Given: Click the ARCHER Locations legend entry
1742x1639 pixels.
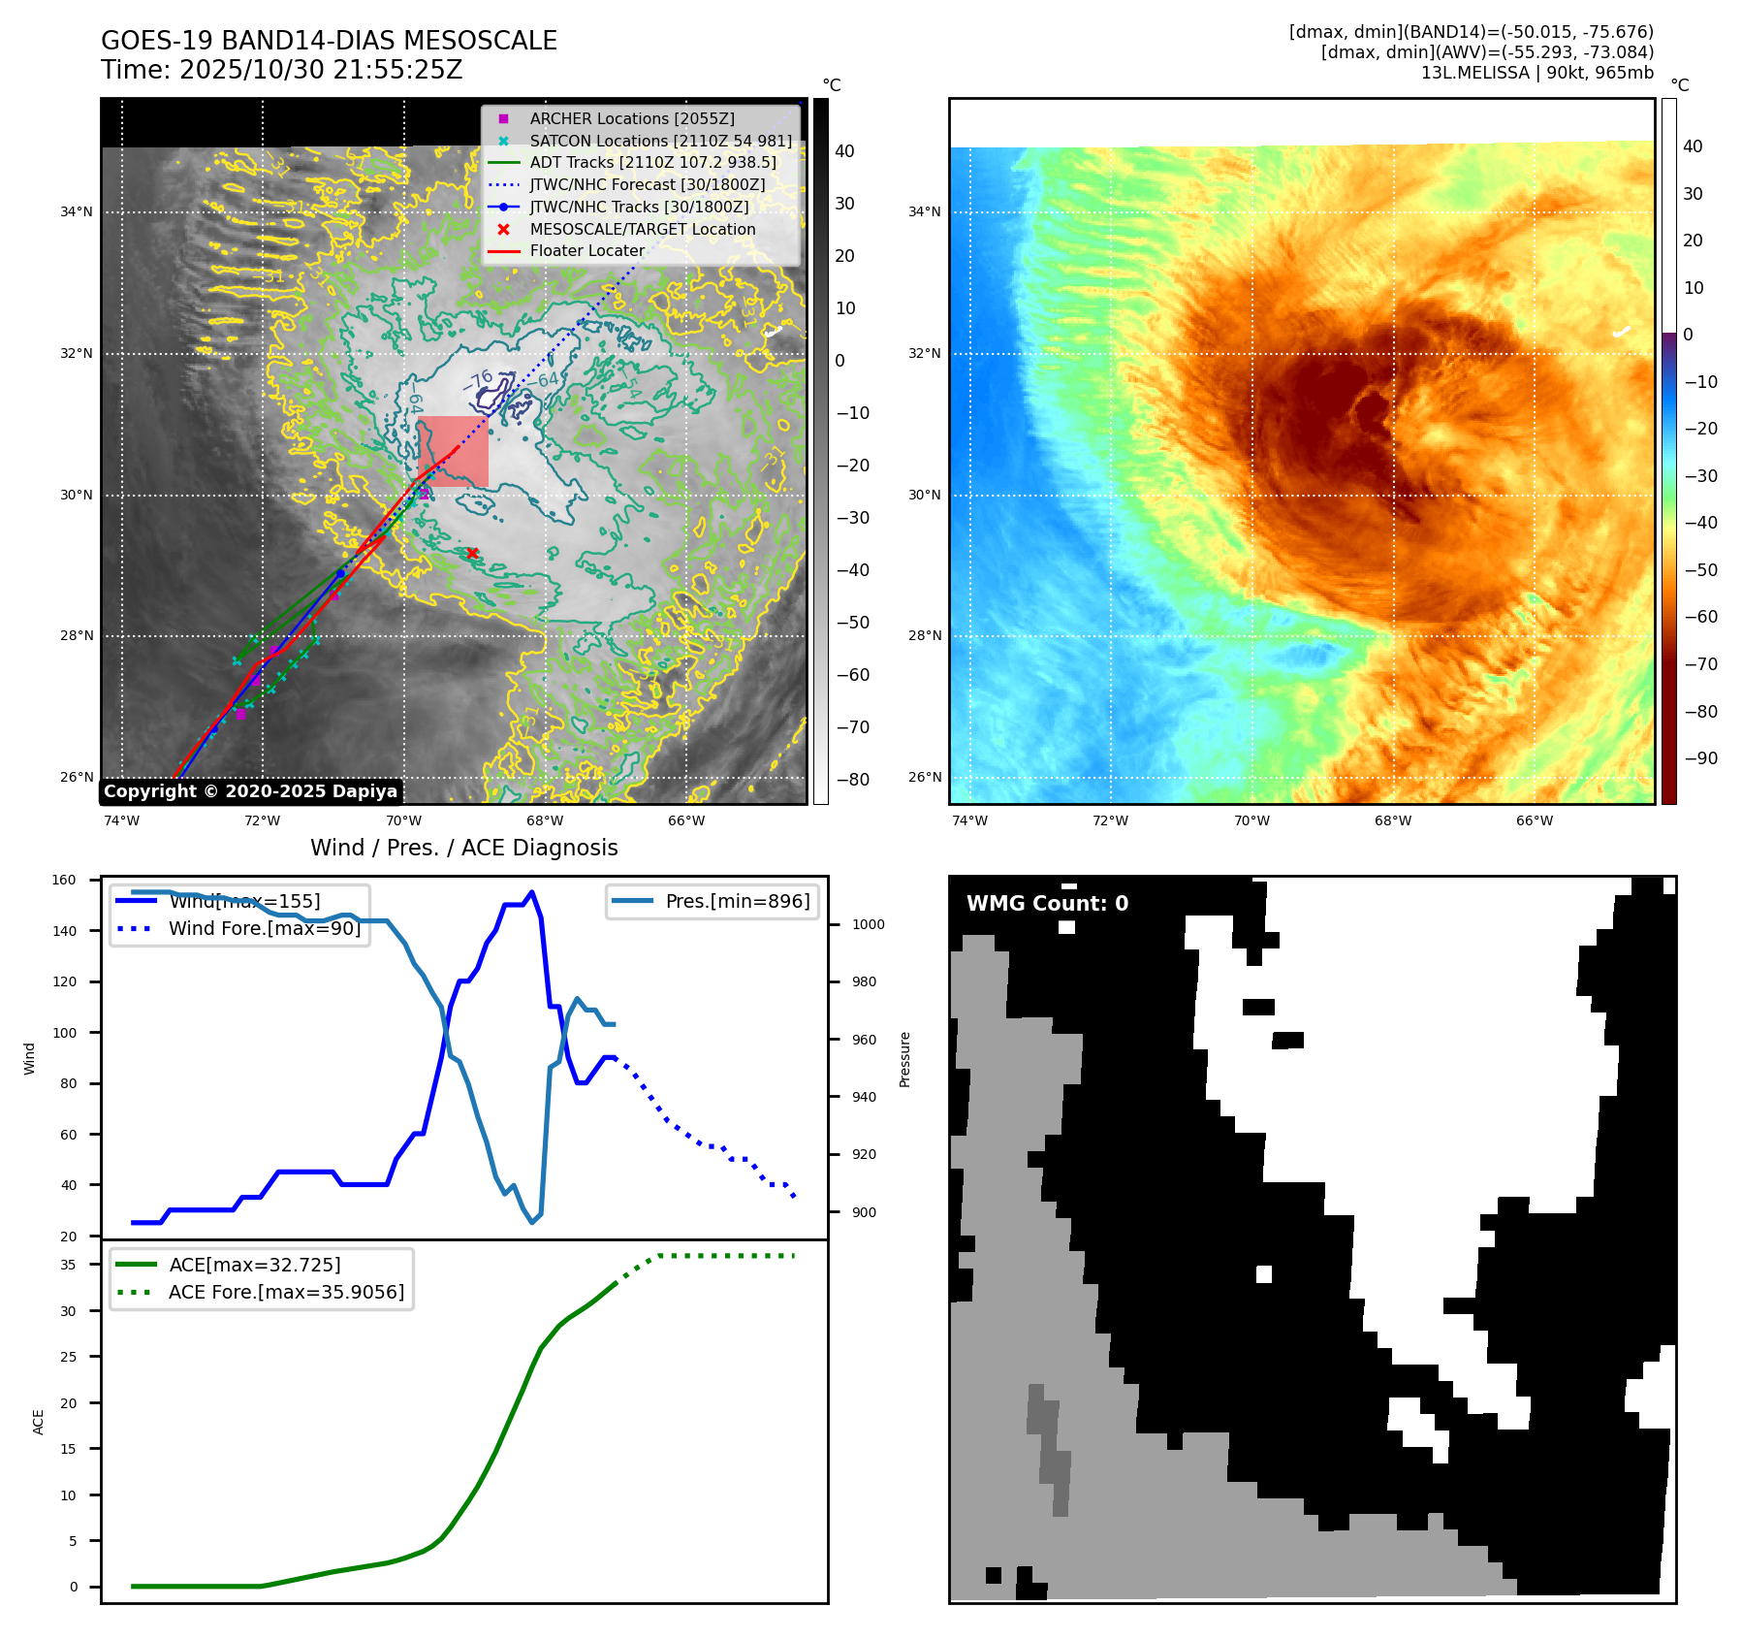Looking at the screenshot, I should (631, 118).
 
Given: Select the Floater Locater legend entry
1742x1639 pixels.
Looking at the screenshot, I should (586, 250).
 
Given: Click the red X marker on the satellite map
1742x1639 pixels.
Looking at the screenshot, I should (472, 553).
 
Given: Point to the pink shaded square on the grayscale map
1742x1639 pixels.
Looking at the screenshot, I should (453, 451).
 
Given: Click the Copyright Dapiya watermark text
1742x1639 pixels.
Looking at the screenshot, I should (250, 791).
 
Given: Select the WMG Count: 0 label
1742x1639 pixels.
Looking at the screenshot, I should (1047, 903).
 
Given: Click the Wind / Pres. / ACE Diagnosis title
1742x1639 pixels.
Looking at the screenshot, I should (463, 848).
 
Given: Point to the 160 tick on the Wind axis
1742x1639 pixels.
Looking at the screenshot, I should (64, 881).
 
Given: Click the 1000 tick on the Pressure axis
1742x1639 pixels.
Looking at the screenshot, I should (868, 924).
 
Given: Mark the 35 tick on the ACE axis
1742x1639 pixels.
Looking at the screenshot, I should (68, 1265).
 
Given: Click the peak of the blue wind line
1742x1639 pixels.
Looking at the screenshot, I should (531, 892).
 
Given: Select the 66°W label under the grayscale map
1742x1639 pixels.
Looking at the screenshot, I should (686, 820).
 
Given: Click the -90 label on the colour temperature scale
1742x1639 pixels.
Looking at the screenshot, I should (1700, 758).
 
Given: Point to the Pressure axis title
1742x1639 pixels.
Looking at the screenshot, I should (904, 1059).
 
